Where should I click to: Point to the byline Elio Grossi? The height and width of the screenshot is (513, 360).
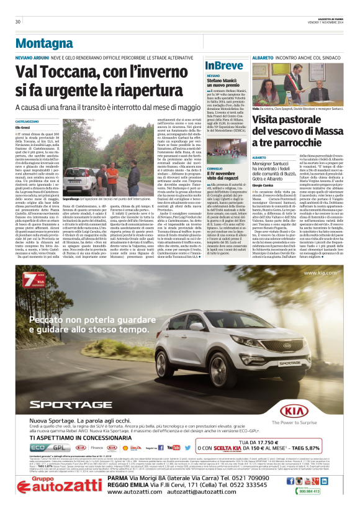tap(24, 127)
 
